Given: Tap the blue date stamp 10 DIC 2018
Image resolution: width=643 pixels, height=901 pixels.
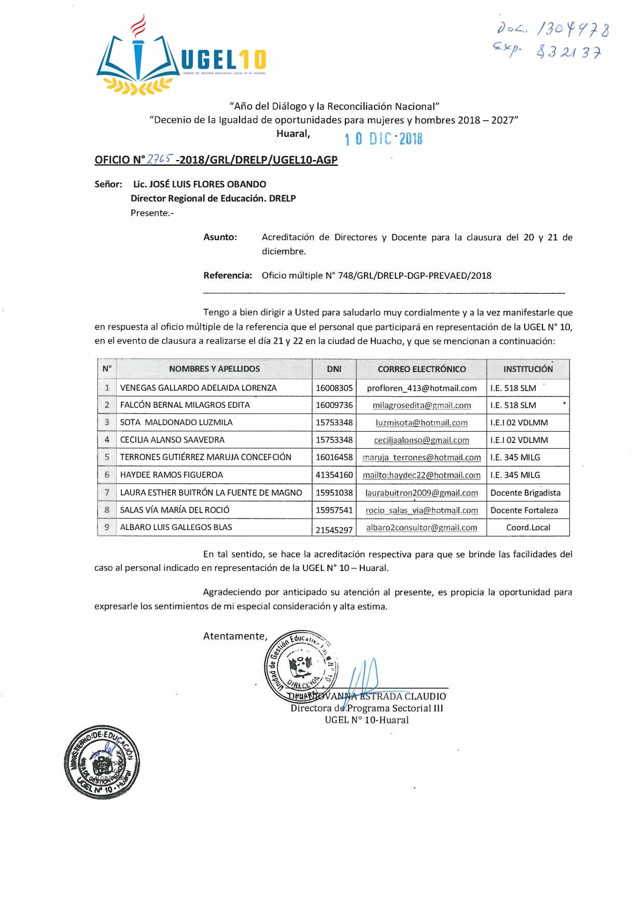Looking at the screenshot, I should [383, 139].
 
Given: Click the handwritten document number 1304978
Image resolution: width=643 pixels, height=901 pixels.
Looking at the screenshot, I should [573, 30].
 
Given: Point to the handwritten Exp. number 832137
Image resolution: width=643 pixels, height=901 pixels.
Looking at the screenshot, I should [568, 52].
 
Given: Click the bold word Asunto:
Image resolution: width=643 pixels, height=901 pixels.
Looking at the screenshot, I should [220, 237].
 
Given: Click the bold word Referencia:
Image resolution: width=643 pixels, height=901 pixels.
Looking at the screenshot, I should [228, 276].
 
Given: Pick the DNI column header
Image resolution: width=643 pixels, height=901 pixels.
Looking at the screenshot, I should [334, 369].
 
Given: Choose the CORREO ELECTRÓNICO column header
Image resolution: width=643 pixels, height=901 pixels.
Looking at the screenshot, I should [421, 369].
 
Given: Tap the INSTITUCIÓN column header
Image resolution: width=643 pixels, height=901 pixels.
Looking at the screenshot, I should [528, 369].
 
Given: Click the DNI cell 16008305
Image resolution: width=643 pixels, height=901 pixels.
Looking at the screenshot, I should [334, 388].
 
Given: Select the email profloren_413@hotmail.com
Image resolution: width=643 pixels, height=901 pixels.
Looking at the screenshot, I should [422, 388].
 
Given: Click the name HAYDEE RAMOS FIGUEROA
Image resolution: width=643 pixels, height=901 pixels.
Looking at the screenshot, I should [172, 475].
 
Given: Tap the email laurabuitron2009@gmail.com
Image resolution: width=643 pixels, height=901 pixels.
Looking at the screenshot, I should [422, 493].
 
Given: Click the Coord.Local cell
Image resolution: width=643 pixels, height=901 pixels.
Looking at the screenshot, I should [528, 527].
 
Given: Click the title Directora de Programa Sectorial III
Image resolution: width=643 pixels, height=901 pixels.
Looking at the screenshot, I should [367, 708].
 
